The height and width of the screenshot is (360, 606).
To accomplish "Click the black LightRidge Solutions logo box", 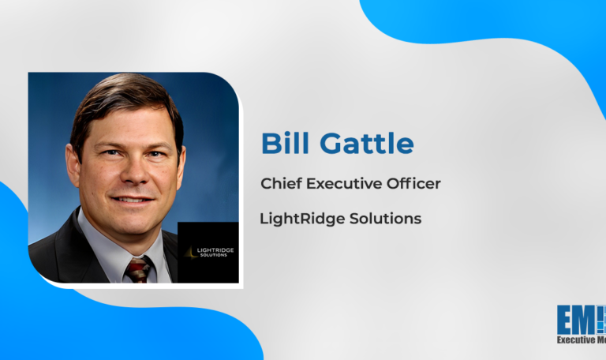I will (208, 252).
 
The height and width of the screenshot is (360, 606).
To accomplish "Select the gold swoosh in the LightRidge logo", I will (187, 251).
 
